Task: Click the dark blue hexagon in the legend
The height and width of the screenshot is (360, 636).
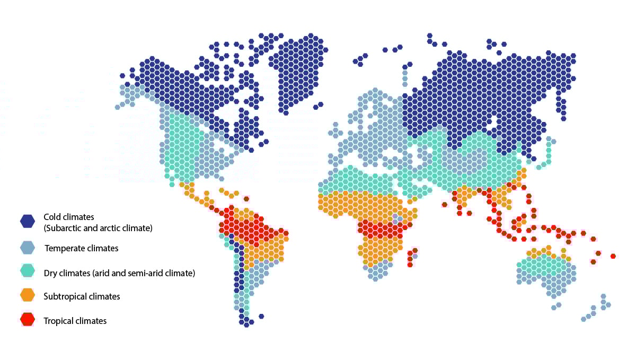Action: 28,221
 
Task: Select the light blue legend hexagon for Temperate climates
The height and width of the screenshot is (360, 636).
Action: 28,248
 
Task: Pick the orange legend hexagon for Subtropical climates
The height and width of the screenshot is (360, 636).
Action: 28,296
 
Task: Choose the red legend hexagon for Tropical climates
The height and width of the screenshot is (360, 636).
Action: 28,320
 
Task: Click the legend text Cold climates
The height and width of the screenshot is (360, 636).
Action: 68,217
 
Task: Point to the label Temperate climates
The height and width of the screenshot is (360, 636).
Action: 81,248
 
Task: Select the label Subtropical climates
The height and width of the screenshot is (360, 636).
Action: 82,296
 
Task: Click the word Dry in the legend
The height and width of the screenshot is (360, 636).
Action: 51,274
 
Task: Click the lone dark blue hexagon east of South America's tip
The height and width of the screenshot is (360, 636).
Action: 261,317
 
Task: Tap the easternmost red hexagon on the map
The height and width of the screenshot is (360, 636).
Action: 613,256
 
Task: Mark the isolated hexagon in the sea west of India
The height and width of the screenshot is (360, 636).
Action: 444,205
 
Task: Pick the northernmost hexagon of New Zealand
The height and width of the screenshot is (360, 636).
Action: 603,296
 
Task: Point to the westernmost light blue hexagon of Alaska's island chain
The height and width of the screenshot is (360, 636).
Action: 117,107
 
